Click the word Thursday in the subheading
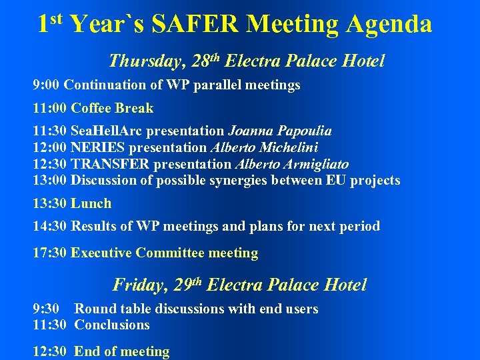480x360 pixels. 145,61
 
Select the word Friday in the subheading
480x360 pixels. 139,285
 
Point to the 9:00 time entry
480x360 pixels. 47,85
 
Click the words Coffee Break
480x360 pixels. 112,108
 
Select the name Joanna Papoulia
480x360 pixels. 280,131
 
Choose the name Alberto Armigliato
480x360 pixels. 291,164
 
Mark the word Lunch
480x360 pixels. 91,203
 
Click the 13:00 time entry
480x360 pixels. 50,180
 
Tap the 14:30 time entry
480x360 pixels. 50,226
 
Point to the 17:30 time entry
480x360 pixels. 50,253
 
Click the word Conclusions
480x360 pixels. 112,325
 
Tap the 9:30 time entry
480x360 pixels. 47,309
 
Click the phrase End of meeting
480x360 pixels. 121,351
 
